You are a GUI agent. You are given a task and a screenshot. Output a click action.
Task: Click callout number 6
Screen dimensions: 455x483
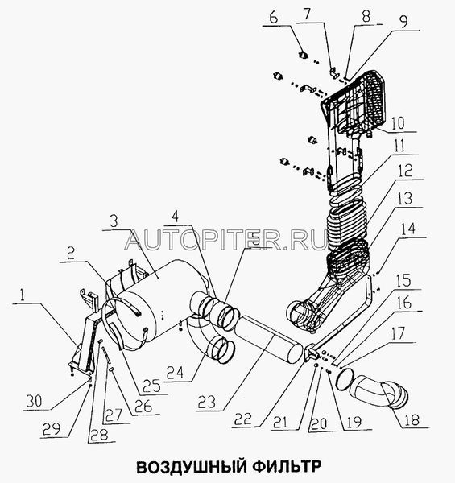pyautogui.click(x=274, y=18)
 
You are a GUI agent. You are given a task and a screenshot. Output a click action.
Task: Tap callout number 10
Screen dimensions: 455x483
pyautogui.click(x=398, y=122)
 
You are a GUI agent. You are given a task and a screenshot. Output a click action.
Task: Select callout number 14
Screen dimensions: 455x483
pyautogui.click(x=407, y=229)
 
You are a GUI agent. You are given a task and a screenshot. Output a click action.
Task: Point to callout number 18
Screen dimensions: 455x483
pyautogui.click(x=411, y=419)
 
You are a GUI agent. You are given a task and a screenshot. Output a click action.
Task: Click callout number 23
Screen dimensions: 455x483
pyautogui.click(x=207, y=402)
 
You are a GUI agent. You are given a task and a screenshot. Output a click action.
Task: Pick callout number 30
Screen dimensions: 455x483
pyautogui.click(x=34, y=402)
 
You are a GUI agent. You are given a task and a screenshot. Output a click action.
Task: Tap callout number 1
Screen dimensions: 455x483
pyautogui.click(x=23, y=295)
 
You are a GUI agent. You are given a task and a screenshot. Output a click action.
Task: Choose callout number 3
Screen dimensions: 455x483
pyautogui.click(x=114, y=221)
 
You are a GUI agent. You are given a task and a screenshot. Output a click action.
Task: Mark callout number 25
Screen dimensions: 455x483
pyautogui.click(x=151, y=386)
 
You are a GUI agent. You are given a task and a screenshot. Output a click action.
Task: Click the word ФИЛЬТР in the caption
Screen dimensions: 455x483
pyautogui.click(x=287, y=467)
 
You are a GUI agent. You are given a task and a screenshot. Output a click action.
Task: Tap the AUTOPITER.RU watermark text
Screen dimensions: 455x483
pyautogui.click(x=225, y=241)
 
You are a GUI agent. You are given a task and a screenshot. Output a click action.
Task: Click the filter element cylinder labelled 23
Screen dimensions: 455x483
pyautogui.click(x=269, y=338)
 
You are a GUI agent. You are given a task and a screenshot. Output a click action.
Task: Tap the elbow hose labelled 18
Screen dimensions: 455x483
pyautogui.click(x=379, y=394)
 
